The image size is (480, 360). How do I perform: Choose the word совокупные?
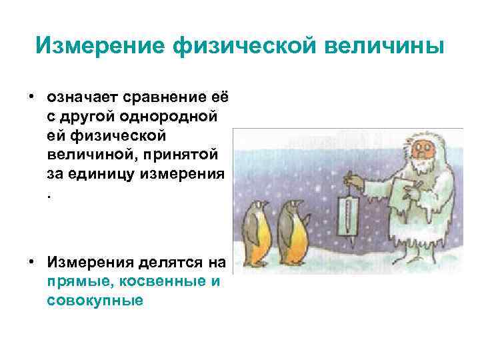[x=95, y=301]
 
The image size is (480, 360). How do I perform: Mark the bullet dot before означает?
[x=31, y=97]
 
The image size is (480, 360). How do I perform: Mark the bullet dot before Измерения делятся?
[x=31, y=263]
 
